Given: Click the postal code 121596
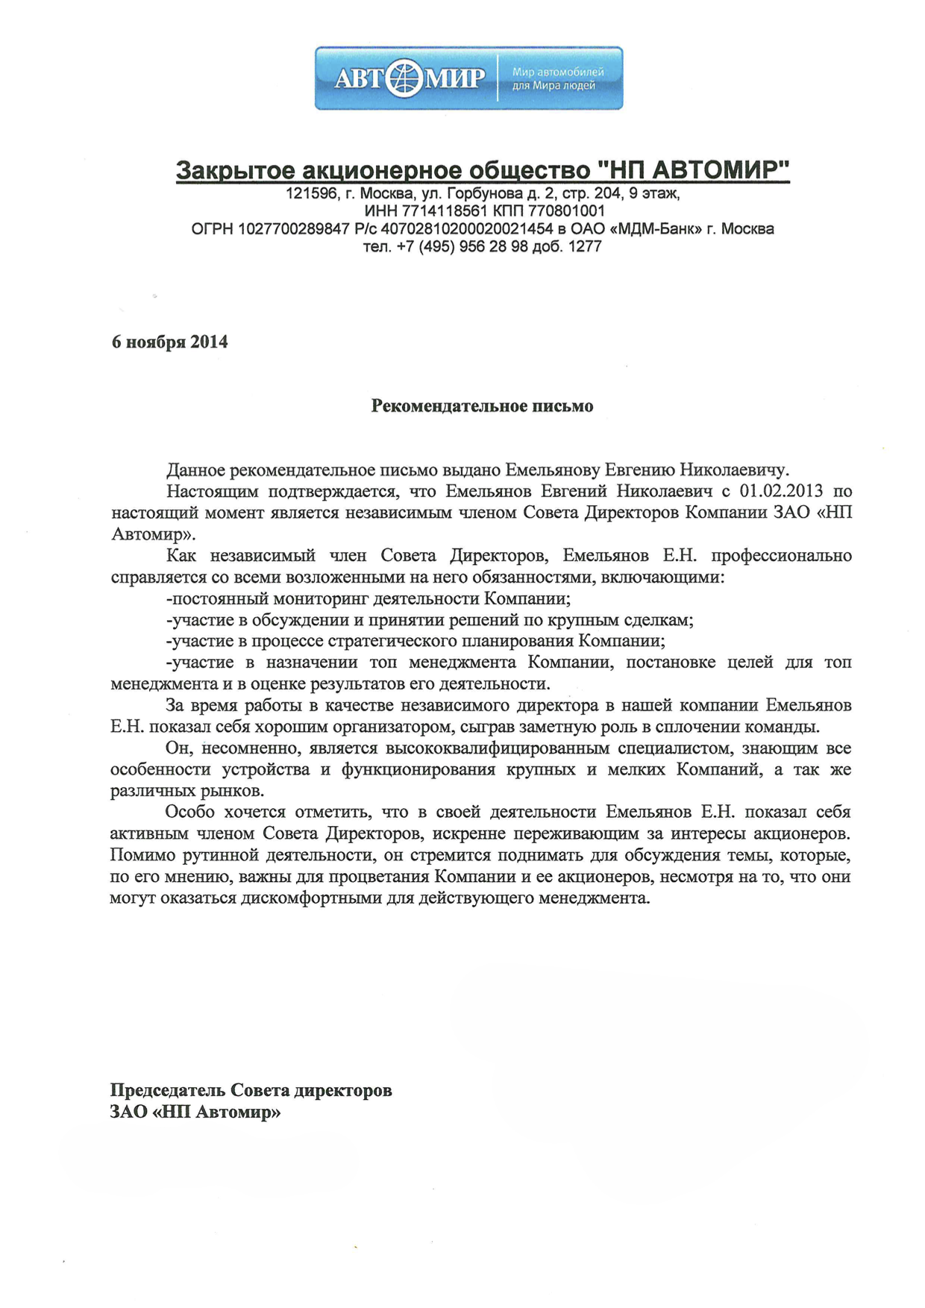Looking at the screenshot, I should tap(310, 194).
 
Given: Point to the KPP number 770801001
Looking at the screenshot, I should tap(566, 211).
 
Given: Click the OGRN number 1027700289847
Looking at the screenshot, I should tap(293, 229).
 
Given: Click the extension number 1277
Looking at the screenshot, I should tap(585, 247).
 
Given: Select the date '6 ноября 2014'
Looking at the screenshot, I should tap(169, 342).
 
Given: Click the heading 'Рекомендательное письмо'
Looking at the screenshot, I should tap(482, 407).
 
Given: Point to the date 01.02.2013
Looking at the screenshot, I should tap(781, 491).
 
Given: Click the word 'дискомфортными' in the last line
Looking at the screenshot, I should tap(311, 898).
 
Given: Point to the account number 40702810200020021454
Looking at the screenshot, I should tap(467, 229).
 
